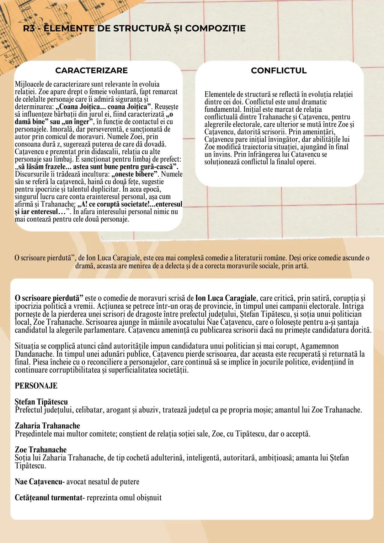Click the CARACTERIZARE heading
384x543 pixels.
pyautogui.click(x=91, y=70)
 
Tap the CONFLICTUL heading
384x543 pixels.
pyautogui.click(x=278, y=70)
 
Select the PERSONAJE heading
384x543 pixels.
pyautogui.click(x=36, y=386)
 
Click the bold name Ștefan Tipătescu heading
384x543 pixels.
pyautogui.click(x=41, y=402)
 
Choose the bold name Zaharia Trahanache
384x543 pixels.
pyautogui.click(x=47, y=426)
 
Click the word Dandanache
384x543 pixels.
pyautogui.click(x=35, y=354)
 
